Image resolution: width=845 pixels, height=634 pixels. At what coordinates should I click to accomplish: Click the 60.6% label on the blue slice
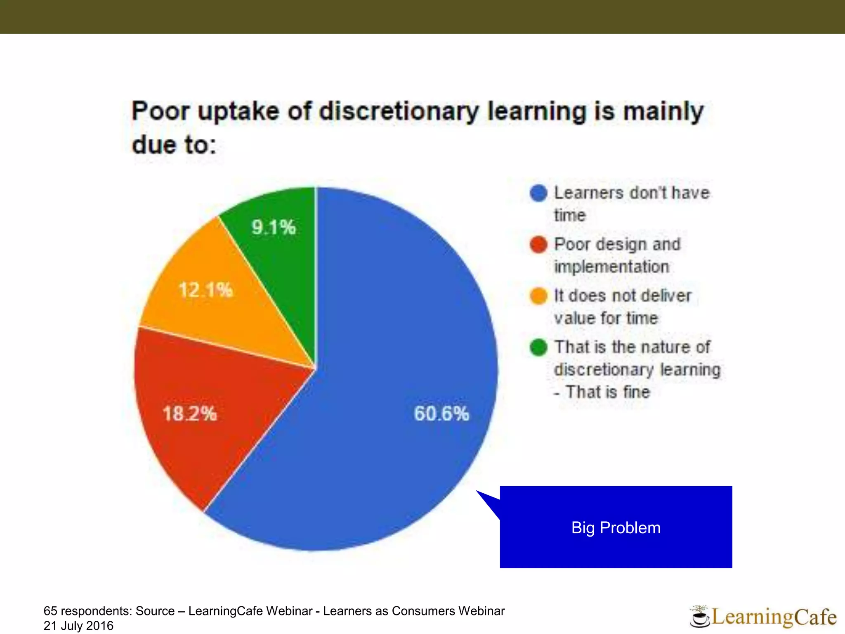point(441,413)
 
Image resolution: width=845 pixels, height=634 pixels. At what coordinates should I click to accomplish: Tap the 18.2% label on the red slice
point(190,413)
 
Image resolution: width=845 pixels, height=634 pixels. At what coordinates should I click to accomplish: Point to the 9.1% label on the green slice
point(274,227)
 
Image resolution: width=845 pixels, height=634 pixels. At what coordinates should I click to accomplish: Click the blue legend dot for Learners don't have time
point(538,193)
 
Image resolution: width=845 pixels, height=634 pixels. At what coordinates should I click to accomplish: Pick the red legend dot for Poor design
point(538,244)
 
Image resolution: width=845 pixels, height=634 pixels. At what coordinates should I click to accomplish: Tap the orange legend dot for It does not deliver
point(538,296)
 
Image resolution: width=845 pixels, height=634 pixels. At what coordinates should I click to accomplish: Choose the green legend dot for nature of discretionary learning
point(538,347)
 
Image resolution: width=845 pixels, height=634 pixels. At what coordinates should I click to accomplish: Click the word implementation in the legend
point(611,267)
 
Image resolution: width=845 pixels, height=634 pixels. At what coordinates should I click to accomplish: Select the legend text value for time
point(606,318)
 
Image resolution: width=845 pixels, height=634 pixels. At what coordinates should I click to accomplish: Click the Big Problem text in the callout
point(616,528)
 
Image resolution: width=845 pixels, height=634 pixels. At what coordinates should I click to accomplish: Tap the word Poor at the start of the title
point(160,111)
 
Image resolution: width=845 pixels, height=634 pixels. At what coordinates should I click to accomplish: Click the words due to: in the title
point(174,145)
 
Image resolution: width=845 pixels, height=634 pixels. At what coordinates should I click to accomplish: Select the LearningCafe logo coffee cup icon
point(699,618)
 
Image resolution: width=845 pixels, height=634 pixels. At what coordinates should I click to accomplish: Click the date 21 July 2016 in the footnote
point(78,626)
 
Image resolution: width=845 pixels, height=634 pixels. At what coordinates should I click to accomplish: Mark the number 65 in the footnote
point(50,611)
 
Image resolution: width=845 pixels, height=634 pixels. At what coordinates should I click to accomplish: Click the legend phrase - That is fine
point(602,392)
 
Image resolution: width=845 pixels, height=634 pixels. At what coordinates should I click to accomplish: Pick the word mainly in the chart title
point(663,111)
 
